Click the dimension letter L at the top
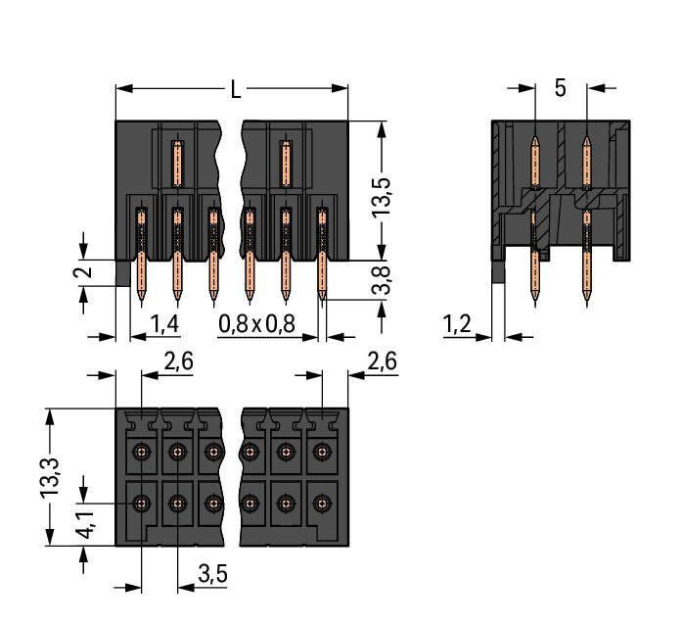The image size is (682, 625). tap(236, 90)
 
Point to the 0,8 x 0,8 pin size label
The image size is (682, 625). tap(257, 324)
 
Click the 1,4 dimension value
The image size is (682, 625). tap(163, 324)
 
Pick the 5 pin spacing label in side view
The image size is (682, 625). tap(560, 88)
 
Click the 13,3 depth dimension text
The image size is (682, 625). tap(59, 477)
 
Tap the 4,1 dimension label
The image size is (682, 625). tap(86, 531)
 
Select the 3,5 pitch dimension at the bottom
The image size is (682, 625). tap(212, 575)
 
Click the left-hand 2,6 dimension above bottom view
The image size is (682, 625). tap(178, 361)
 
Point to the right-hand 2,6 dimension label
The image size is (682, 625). tap(381, 361)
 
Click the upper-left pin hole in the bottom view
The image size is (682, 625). tap(142, 452)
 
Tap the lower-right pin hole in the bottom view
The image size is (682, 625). tap(320, 504)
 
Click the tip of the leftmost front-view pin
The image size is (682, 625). tap(142, 294)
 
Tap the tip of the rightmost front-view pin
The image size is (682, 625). tap(321, 294)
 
